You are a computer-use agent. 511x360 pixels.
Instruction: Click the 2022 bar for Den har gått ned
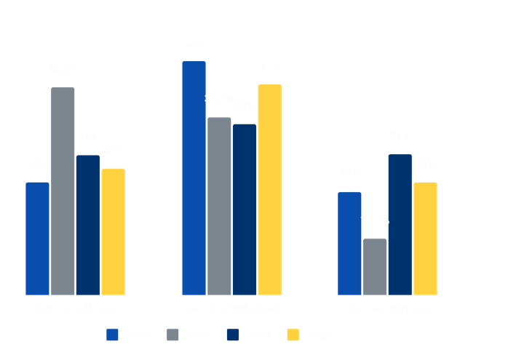click(37, 239)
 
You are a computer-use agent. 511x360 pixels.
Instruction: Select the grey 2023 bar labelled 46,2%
click(63, 191)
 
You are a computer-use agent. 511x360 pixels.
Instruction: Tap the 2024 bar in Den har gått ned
click(87, 225)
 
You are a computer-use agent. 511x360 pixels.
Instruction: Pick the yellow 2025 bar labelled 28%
click(113, 231)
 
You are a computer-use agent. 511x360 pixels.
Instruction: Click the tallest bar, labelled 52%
click(194, 177)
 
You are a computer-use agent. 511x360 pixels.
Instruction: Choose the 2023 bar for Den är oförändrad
click(219, 206)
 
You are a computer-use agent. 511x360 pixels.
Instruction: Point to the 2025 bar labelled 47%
click(269, 189)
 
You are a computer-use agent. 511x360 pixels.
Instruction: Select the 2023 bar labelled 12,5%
click(375, 266)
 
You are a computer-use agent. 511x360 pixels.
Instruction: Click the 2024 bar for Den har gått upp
click(400, 224)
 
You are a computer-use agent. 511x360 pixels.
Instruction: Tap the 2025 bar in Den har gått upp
click(425, 238)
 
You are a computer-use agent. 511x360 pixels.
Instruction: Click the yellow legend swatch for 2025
click(293, 335)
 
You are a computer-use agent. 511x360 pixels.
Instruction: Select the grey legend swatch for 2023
click(173, 335)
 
